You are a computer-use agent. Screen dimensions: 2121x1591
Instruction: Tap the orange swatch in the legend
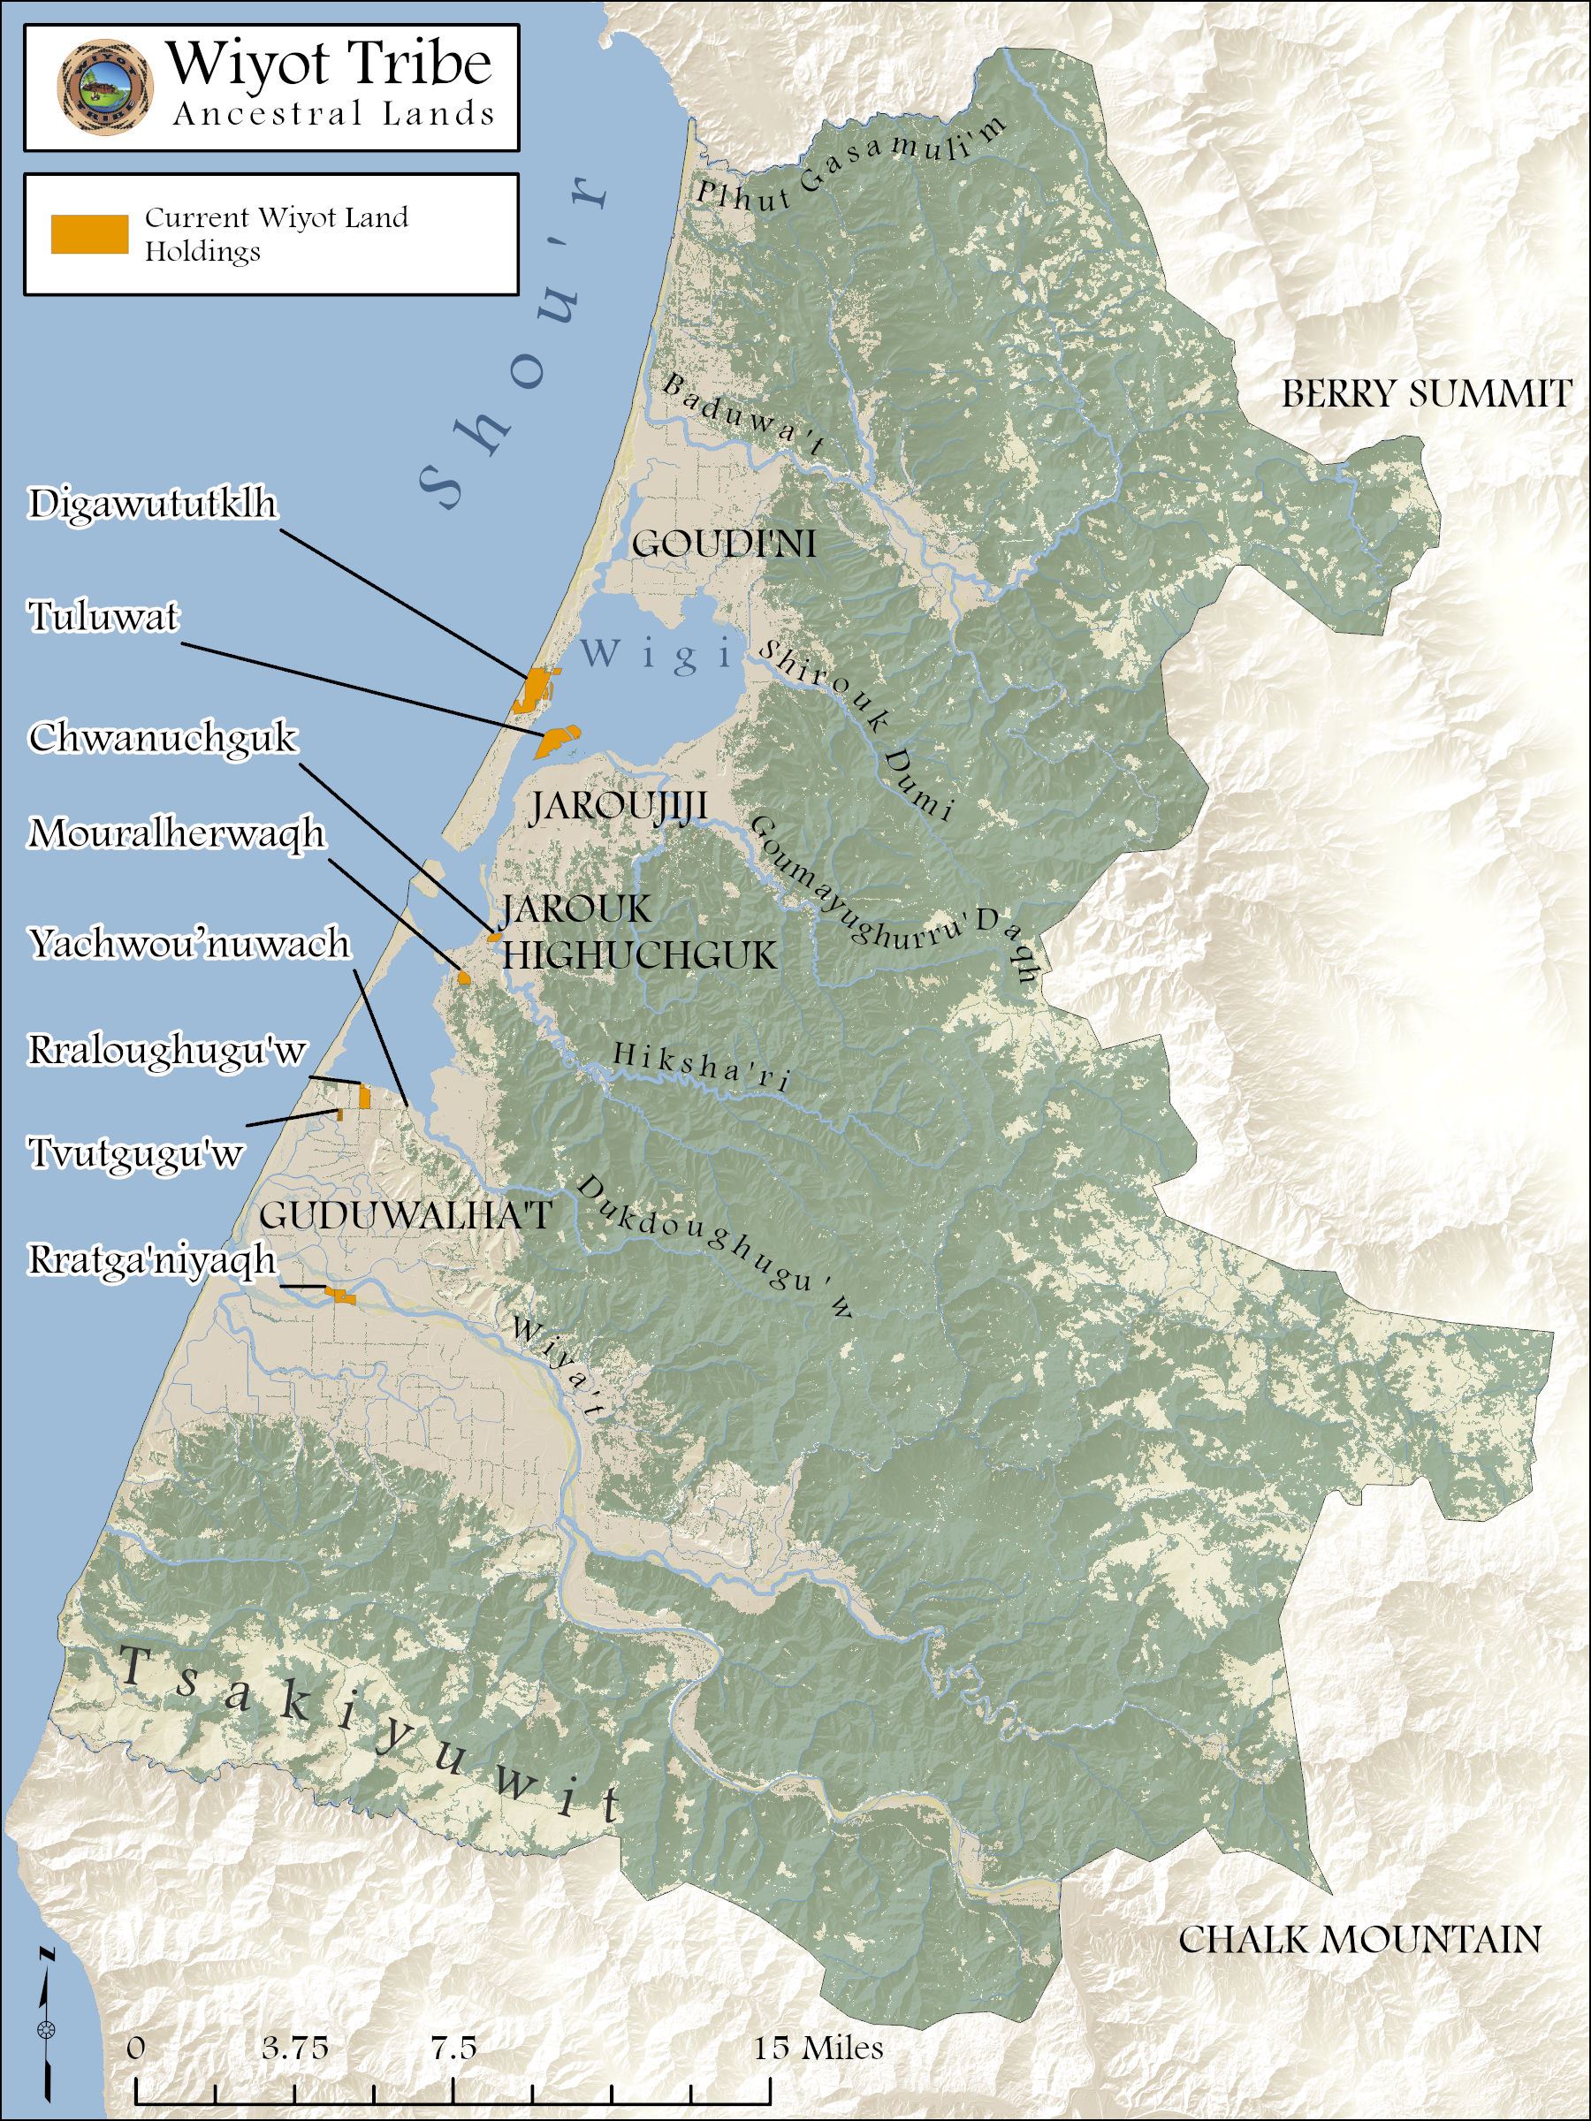(89, 234)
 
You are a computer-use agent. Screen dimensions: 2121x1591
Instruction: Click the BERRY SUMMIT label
(1427, 395)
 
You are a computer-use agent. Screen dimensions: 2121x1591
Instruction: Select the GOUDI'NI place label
(724, 545)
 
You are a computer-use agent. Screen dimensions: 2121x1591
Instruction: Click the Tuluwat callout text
(103, 618)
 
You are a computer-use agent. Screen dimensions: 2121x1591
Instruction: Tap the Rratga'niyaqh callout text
(151, 1260)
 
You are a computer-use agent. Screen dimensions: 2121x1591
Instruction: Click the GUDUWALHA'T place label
(406, 1216)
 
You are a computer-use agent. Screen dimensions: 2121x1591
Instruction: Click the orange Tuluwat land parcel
(555, 740)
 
